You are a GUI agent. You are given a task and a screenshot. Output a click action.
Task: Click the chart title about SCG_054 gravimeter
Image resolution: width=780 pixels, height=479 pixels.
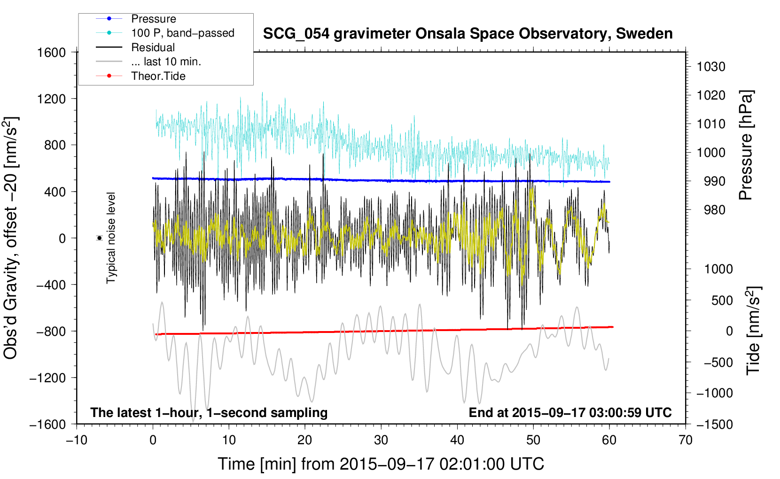468,34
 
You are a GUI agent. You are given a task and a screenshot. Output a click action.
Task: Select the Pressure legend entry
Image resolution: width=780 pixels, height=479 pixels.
153,19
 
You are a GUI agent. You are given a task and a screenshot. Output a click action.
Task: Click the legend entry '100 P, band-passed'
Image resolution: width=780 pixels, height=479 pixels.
182,33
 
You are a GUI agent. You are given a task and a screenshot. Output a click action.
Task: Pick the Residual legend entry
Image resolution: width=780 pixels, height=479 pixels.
153,47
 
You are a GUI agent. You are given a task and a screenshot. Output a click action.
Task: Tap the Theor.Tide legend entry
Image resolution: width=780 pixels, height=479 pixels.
158,76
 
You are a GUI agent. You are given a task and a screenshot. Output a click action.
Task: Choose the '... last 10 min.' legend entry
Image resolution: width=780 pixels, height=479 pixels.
166,62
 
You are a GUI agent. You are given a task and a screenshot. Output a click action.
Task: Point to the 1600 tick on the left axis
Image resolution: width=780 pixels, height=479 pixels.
52,53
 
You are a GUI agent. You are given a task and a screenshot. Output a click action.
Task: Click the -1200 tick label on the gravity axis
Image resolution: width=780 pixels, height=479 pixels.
47,378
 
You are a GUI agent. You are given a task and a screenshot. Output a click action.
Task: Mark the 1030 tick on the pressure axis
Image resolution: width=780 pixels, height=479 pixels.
710,67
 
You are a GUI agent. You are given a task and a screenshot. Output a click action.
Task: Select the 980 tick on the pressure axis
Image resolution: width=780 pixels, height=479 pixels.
714,210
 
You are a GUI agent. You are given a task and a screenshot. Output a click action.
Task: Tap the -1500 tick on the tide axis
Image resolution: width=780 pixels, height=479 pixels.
714,424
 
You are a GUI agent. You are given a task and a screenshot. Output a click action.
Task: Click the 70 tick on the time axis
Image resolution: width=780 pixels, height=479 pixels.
686,440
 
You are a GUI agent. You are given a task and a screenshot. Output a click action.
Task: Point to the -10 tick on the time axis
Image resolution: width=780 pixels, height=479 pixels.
77,440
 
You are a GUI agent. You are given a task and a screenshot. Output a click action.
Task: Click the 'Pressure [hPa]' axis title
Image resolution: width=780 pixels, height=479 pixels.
746,146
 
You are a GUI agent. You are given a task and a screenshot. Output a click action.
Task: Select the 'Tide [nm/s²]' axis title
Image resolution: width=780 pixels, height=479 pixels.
754,330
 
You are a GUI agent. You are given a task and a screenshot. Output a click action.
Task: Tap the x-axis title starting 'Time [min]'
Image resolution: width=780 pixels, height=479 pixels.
381,464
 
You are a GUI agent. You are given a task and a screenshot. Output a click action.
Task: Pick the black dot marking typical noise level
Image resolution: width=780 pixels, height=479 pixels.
100,238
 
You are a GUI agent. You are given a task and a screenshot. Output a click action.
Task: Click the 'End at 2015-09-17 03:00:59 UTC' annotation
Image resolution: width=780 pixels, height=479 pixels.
570,412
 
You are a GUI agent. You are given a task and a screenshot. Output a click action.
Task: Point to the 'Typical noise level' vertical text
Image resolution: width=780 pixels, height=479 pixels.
111,238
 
